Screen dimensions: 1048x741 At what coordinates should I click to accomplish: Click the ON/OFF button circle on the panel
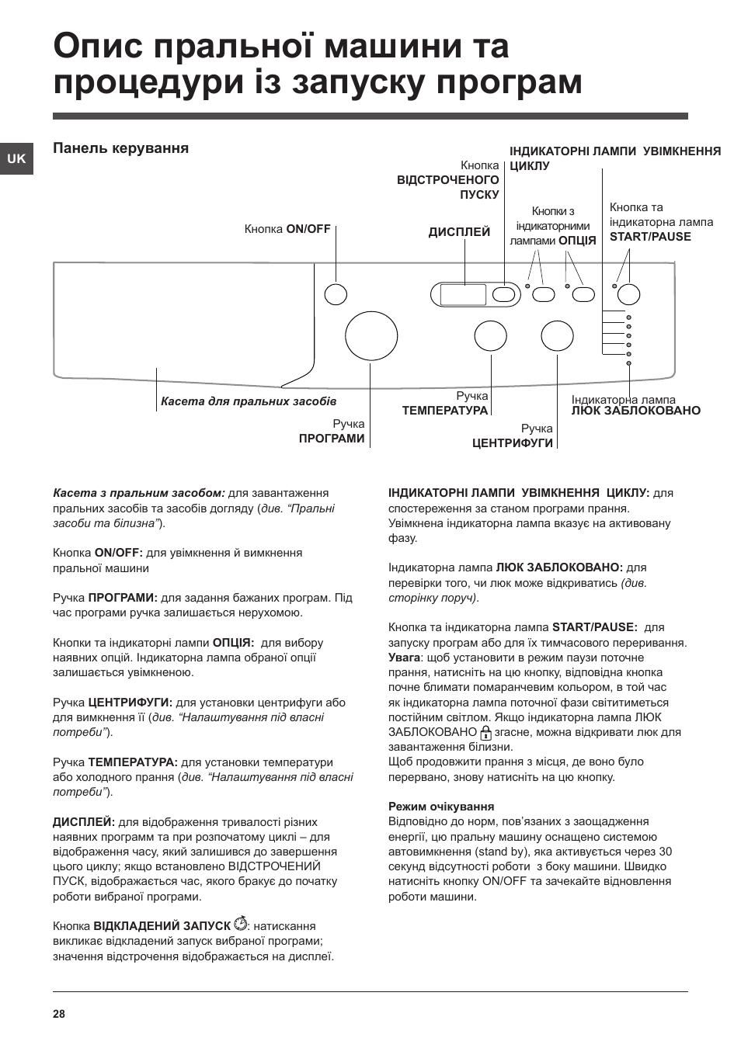(x=336, y=294)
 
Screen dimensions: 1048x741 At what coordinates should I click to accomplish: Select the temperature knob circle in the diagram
(x=490, y=336)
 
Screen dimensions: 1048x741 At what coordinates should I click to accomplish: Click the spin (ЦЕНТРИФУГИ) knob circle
(x=557, y=336)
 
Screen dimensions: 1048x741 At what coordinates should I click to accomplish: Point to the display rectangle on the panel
(x=463, y=294)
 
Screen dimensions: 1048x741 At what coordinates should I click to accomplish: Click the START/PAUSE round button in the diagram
(x=628, y=293)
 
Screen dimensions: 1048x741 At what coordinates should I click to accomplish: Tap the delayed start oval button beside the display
(x=505, y=294)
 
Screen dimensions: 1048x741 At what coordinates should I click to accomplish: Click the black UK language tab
(x=16, y=158)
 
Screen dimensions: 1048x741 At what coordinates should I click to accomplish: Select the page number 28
(x=60, y=1014)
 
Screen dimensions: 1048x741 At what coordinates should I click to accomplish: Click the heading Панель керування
(x=120, y=148)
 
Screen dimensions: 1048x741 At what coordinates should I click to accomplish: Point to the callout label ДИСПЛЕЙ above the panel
(x=459, y=231)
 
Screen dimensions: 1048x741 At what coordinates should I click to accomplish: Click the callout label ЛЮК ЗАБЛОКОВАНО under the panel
(x=636, y=411)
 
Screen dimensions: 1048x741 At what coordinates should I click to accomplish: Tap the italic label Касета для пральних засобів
(x=249, y=401)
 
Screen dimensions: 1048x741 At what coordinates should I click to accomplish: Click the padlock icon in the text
(x=486, y=732)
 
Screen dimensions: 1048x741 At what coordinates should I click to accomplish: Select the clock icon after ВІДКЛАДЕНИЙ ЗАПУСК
(x=241, y=925)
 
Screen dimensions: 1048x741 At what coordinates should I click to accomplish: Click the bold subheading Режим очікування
(x=441, y=806)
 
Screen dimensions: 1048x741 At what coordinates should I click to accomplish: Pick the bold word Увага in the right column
(x=404, y=658)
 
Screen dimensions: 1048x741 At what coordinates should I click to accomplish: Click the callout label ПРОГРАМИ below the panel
(x=332, y=439)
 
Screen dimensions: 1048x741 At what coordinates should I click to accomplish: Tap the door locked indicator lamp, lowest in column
(x=628, y=363)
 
